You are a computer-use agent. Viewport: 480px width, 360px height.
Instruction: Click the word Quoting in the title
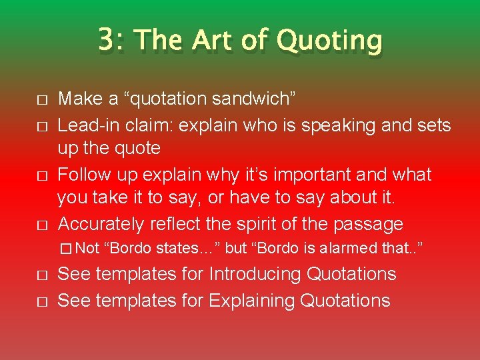(329, 41)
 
